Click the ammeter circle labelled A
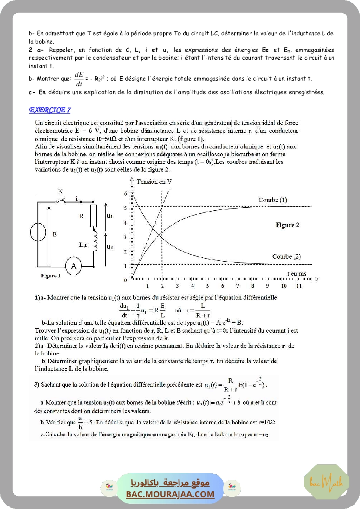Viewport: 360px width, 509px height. [74, 266]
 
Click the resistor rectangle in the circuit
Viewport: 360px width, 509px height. [93, 217]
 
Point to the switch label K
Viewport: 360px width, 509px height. [61, 191]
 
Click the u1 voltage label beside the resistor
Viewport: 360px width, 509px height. [110, 216]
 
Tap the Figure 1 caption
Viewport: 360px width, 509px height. [50, 276]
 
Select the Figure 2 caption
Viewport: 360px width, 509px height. [287, 225]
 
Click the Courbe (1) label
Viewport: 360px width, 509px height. [273, 200]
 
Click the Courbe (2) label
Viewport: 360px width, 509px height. [286, 256]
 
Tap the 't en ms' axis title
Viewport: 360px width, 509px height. [296, 273]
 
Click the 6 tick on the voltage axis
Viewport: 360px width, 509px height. [125, 193]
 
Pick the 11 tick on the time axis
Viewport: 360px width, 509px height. [299, 286]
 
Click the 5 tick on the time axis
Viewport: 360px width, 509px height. [208, 286]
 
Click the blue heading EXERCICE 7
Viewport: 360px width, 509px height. [50, 110]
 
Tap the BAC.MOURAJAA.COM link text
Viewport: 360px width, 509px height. [170, 494]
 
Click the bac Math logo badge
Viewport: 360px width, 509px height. [326, 482]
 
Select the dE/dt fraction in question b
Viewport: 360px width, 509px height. [79, 79]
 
